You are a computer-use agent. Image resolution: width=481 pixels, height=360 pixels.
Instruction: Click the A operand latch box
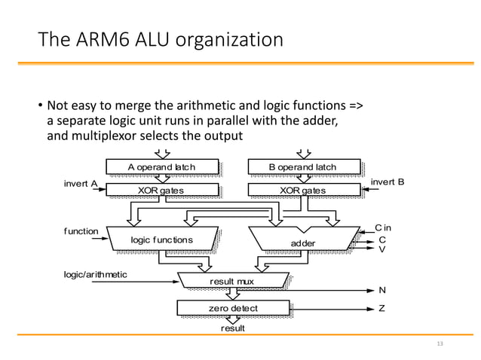161,166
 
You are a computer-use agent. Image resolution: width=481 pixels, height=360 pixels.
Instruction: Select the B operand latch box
302,166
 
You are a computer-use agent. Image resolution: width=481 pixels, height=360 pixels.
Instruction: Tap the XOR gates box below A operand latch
161,190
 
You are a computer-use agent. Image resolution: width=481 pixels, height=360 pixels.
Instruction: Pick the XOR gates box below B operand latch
302,190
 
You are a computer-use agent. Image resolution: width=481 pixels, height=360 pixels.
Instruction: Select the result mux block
232,281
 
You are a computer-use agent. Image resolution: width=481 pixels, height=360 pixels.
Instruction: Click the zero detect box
232,308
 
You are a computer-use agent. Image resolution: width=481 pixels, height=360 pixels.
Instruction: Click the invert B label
389,182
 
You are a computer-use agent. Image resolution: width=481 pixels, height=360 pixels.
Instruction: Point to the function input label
81,231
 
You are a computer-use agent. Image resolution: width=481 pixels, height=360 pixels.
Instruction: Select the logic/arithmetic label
95,275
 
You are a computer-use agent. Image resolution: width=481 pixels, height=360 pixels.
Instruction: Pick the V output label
381,249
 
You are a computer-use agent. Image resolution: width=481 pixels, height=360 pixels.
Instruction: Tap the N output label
381,290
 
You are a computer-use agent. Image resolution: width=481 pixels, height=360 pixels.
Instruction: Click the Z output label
381,308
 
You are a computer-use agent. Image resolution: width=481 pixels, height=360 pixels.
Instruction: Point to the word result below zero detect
232,328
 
